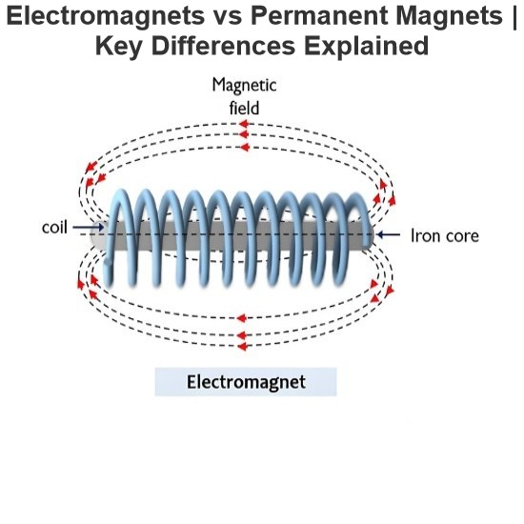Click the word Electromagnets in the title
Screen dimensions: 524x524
[x=105, y=16]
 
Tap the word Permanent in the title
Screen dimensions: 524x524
[x=319, y=15]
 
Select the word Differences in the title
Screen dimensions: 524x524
[x=223, y=46]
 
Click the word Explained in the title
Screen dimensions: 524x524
[x=366, y=47]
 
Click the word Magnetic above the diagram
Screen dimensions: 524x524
[x=244, y=86]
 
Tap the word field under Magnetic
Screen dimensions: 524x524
[x=244, y=108]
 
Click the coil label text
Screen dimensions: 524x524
[x=54, y=228]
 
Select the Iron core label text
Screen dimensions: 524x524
[x=445, y=235]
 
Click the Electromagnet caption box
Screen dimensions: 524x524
[x=246, y=382]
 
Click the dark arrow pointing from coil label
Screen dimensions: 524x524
[x=89, y=228]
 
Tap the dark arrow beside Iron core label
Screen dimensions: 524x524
[x=388, y=234]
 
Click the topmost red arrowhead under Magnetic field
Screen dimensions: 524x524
[x=244, y=124]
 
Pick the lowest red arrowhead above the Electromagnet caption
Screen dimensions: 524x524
[x=242, y=347]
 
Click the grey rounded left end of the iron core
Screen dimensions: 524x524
[x=97, y=235]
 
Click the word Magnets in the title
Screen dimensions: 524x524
[x=450, y=16]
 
